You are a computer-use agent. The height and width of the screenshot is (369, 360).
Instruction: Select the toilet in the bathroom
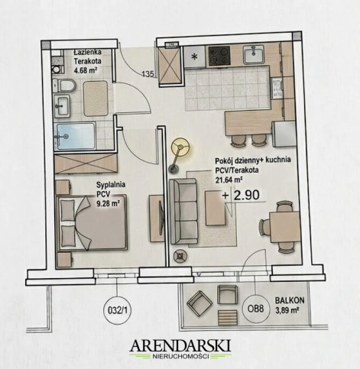click(64, 86)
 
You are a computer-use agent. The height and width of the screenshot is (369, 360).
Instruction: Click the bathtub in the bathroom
click(75, 136)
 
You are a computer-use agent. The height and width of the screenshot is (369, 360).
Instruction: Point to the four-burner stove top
click(219, 56)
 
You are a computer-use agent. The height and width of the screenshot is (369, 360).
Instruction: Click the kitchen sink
click(254, 54)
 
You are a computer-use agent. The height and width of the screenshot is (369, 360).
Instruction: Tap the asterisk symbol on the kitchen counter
click(195, 57)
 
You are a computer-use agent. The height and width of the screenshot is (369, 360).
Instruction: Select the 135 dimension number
click(148, 74)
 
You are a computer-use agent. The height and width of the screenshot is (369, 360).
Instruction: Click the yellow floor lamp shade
click(180, 147)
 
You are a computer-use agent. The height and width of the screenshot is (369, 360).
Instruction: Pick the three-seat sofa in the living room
click(183, 212)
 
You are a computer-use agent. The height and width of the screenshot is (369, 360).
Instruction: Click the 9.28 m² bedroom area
click(108, 203)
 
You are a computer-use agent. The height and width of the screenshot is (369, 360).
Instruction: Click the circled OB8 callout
click(255, 309)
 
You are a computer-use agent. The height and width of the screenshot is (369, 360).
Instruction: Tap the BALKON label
click(290, 300)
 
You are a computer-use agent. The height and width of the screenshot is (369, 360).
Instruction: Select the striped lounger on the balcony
click(228, 317)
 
